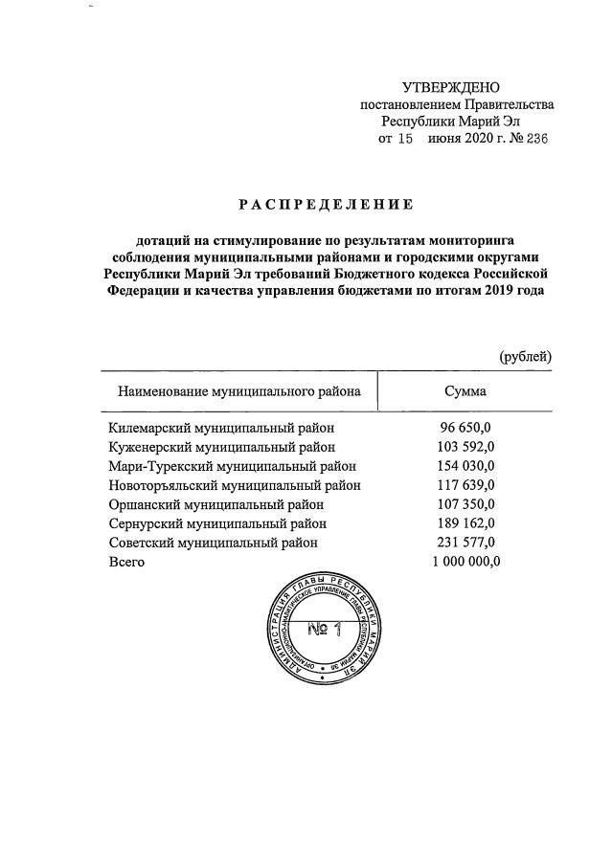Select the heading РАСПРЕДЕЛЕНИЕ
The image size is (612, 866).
[326, 204]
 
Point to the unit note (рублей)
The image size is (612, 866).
[526, 356]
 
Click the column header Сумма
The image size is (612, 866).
[465, 391]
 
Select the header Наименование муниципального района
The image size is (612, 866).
[238, 391]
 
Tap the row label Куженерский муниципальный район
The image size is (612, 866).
[222, 447]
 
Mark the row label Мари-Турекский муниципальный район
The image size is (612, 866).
[233, 466]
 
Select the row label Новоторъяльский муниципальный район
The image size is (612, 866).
[235, 485]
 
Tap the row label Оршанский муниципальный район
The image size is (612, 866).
[217, 504]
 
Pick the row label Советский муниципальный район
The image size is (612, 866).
[214, 543]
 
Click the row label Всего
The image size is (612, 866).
[127, 562]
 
